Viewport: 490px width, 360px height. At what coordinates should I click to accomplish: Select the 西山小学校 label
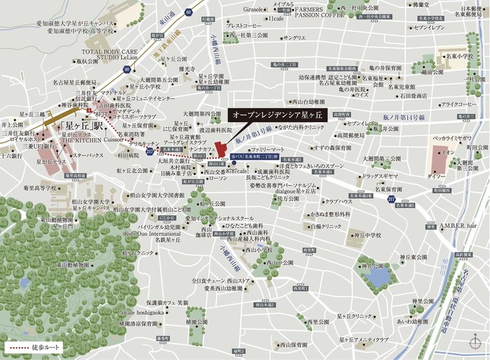click(259, 249)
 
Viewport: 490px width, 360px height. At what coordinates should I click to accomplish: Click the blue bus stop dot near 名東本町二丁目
click(235, 162)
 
